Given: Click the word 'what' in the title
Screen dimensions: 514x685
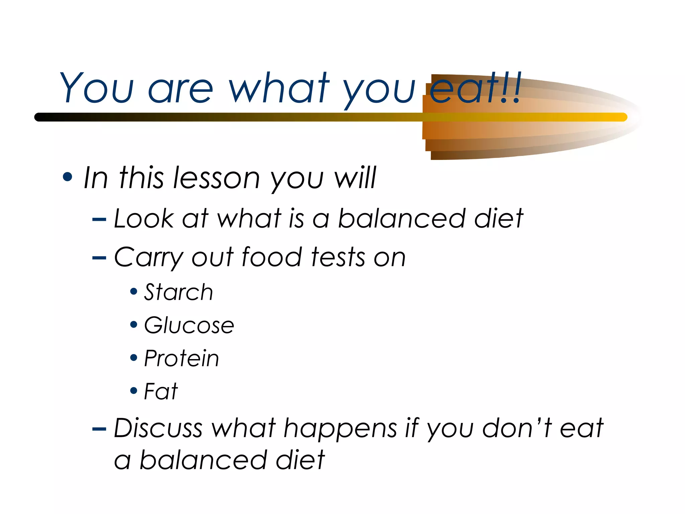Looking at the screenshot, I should [279, 88].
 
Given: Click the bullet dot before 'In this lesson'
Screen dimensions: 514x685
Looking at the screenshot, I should [68, 177].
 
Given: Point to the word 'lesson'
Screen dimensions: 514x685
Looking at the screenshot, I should [216, 178].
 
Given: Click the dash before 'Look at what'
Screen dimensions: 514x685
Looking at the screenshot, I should [99, 220].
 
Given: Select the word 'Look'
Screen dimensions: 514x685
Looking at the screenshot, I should [144, 219].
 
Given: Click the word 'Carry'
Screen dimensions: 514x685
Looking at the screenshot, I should [148, 258].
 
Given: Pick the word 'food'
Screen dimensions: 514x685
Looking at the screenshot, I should [272, 257].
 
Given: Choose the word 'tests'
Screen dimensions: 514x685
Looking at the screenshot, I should [338, 257].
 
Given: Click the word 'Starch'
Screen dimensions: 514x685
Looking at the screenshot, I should [178, 292].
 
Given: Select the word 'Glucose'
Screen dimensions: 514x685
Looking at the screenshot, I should [189, 325].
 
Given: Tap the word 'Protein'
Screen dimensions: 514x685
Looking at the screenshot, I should [181, 358].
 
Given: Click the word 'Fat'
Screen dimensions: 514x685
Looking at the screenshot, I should [161, 391].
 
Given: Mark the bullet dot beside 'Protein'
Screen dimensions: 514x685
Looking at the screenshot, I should [134, 358].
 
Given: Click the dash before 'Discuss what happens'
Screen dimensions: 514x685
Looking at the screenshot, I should [99, 429].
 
